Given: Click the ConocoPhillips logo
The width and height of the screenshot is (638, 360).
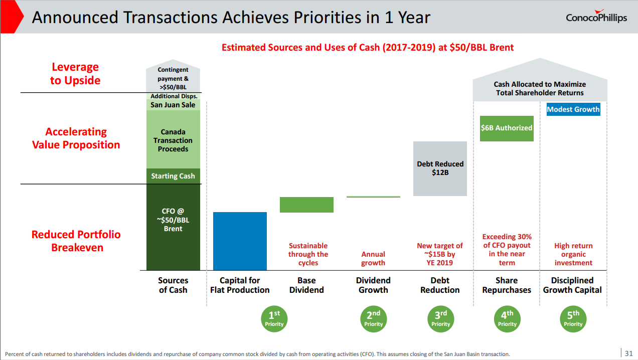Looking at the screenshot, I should point(596,18).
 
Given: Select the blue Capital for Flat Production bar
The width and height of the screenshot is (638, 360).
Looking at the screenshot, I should point(240,241).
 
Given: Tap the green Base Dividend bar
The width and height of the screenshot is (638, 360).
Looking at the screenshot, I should point(306,205).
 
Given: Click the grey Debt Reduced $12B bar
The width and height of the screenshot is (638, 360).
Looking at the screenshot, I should point(440,168).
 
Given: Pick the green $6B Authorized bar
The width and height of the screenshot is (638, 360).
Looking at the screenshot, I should point(507,128).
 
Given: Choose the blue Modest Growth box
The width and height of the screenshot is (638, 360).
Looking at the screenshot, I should point(573,109).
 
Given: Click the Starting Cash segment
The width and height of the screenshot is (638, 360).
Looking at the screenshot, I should point(173,176).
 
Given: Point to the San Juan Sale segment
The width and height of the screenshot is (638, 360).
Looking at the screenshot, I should point(173,105).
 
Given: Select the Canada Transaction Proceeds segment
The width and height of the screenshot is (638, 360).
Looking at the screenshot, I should point(173,140).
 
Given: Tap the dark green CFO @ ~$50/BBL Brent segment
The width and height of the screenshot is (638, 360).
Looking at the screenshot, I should point(173,227).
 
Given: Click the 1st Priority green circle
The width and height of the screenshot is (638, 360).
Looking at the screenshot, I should point(274,318).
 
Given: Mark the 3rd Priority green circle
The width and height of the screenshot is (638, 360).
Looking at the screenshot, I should point(440,318).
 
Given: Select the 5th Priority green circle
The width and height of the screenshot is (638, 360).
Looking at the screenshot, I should point(573,318).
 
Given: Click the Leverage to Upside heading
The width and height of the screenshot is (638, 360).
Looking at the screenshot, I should point(75,74).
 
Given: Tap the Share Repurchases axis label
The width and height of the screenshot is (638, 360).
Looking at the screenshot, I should point(507,285).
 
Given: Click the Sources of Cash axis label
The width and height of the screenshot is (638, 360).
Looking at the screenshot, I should point(173,285).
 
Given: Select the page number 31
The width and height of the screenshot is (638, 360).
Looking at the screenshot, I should point(628,353).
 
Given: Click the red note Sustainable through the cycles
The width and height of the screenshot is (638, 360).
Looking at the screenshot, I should point(308,254).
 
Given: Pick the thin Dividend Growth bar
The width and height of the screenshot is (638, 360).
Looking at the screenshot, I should point(373,197).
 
